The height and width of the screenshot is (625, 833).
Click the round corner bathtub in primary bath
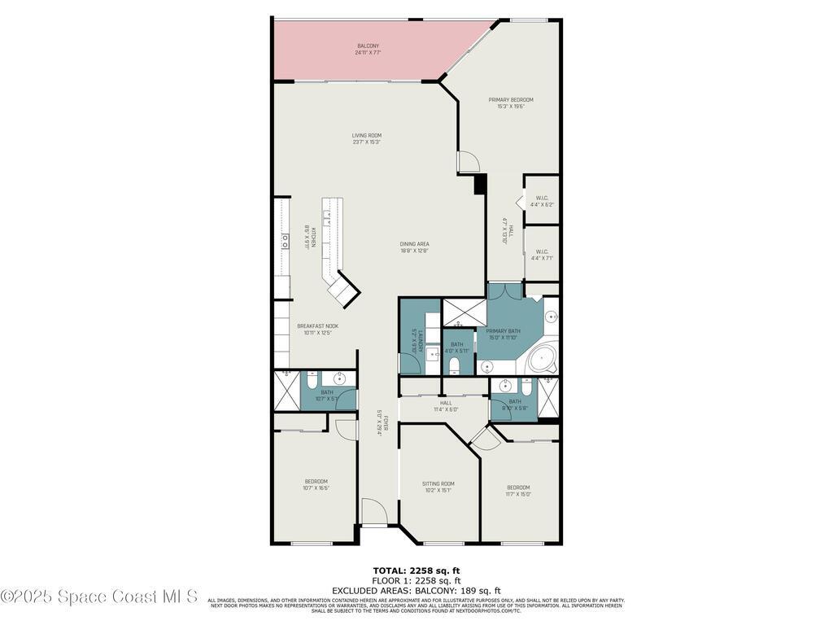pos(541,358)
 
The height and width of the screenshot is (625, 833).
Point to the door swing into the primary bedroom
pos(469,161)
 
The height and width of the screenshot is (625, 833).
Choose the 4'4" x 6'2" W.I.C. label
pos(541,201)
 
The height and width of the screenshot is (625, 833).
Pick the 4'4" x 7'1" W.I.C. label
pos(541,255)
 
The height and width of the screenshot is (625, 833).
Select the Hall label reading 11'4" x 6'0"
pos(446,405)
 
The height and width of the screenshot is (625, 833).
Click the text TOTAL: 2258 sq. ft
pos(416,570)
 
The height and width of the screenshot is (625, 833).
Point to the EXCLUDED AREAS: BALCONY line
pos(416,590)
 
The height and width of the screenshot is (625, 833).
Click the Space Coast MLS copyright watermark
pos(99,597)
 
